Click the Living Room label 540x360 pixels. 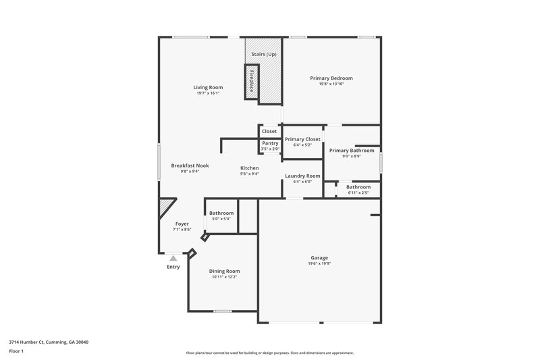click(208, 87)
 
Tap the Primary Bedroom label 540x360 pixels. click(331, 78)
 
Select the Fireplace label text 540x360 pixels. click(252, 80)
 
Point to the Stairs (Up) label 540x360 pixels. click(263, 54)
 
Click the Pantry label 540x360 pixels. click(269, 143)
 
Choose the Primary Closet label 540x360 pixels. click(302, 139)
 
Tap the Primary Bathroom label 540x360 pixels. click(352, 151)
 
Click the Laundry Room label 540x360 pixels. click(302, 176)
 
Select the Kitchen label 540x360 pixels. click(250, 168)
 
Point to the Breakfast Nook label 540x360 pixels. click(190, 165)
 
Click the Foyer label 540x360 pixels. click(182, 224)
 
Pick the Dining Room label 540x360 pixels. click(224, 271)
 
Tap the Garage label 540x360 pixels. click(319, 258)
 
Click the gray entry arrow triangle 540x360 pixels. click(173, 257)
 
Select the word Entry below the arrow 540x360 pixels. click(173, 267)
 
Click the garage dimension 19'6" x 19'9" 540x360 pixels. click(319, 264)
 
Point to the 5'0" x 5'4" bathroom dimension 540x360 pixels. click(221, 219)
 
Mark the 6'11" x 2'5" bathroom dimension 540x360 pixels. click(358, 192)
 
